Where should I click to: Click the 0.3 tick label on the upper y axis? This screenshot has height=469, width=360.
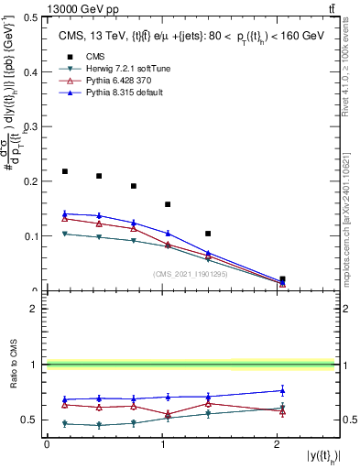point(34,126)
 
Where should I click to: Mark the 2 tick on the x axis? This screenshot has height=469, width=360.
point(277,444)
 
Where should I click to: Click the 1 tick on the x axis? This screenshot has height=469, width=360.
point(161,444)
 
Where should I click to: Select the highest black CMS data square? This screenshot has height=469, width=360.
point(64,171)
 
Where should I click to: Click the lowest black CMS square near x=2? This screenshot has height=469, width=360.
point(282,278)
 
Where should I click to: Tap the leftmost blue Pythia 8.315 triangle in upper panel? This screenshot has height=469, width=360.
point(64,213)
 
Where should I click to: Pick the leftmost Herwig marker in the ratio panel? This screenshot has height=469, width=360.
point(64,423)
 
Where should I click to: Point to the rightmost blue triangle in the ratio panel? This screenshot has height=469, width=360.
point(282,390)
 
